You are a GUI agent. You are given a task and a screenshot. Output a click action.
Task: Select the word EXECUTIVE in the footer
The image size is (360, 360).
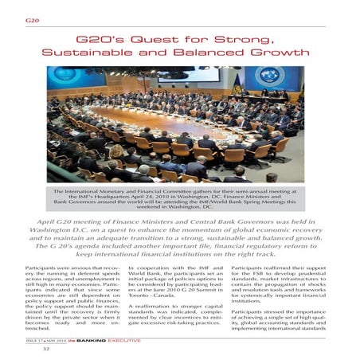127,340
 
